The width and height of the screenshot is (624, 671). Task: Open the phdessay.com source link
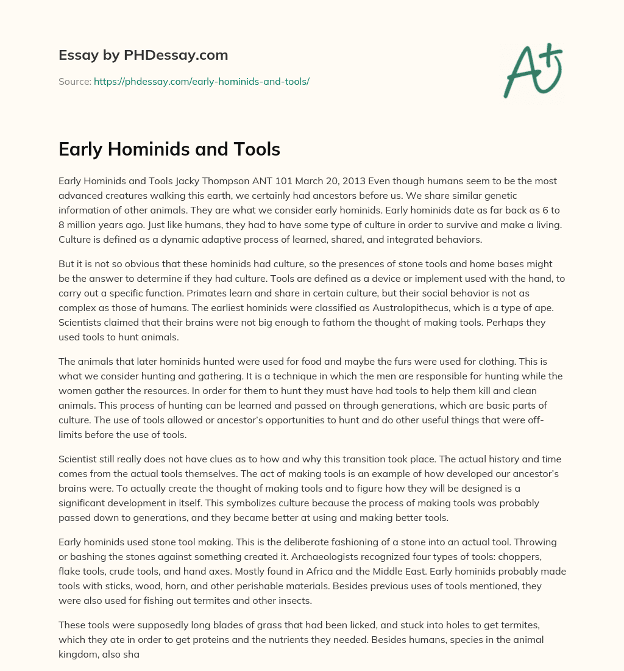click(202, 81)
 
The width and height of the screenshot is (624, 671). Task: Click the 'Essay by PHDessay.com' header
click(143, 56)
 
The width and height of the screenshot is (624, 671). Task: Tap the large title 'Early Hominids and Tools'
click(169, 149)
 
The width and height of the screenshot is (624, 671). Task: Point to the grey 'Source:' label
click(75, 81)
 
